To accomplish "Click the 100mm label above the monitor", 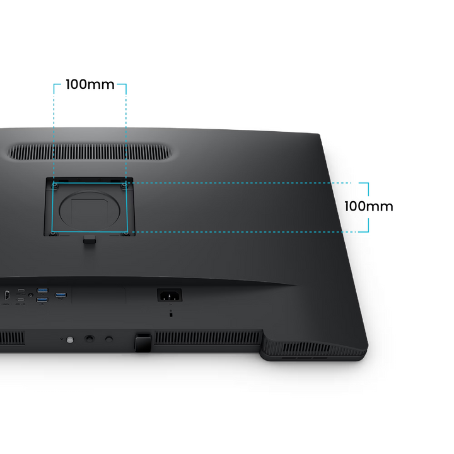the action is click(90, 84).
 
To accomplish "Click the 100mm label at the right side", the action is click(369, 206).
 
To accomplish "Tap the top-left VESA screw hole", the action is click(55, 185).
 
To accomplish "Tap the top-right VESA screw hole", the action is click(124, 185).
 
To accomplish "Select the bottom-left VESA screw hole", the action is click(53, 233).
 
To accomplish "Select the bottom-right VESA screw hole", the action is click(125, 233).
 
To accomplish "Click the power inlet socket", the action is click(170, 295).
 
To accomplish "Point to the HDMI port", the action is click(6, 295).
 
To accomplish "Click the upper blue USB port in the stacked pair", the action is click(42, 291).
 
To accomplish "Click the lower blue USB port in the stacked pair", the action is click(42, 300).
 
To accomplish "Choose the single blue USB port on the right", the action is click(61, 295).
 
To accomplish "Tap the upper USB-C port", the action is click(21, 290).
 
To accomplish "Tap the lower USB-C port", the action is click(21, 300).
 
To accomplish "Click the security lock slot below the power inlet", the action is click(170, 313).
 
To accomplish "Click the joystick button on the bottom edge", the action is click(89, 339).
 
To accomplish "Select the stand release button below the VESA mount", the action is click(90, 240).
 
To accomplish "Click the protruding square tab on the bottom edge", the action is click(143, 342).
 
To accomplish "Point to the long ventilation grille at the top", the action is click(90, 152).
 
